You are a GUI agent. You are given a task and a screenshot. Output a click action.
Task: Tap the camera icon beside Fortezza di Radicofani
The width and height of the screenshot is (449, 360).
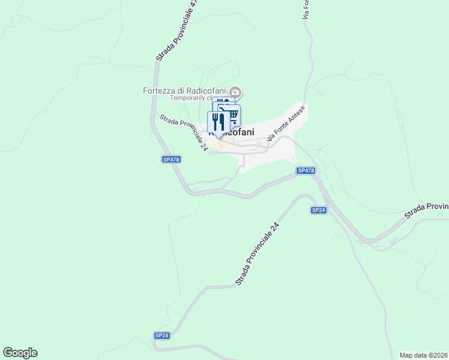click(236, 92)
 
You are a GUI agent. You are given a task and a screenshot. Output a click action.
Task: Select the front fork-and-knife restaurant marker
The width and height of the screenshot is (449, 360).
click(218, 122)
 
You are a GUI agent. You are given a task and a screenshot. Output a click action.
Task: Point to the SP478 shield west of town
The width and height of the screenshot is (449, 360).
click(171, 159)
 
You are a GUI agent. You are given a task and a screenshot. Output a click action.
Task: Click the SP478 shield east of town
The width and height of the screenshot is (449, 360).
click(306, 171)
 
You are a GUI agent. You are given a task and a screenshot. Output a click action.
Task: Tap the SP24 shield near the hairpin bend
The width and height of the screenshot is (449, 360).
click(318, 210)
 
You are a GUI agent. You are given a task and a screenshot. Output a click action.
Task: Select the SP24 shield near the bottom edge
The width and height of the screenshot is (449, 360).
click(161, 335)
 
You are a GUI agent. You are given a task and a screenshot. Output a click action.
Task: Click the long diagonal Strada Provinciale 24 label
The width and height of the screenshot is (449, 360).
click(258, 253)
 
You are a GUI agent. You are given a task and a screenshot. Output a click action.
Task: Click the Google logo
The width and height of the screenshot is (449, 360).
click(20, 353)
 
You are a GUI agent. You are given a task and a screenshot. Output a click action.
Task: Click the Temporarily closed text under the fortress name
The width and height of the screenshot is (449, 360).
click(189, 98)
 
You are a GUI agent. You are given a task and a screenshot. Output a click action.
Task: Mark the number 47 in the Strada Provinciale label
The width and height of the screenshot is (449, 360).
click(193, 4)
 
